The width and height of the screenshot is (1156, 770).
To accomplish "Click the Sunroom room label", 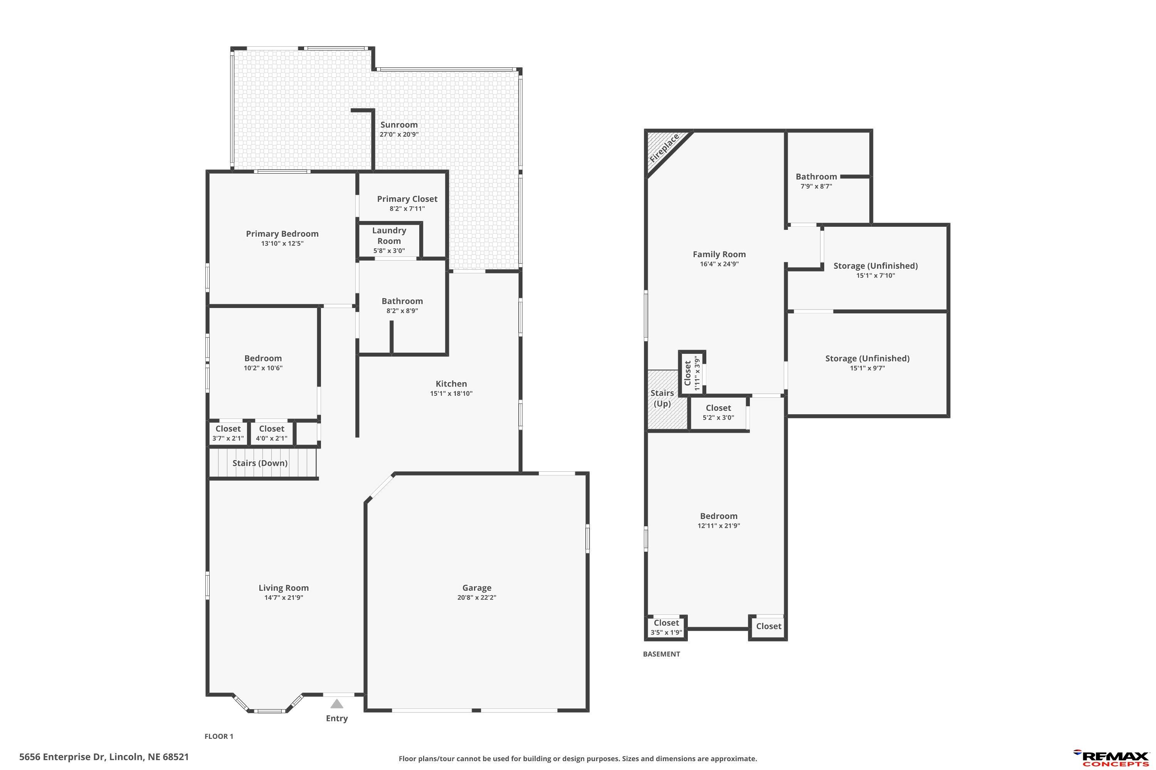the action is pos(398,125).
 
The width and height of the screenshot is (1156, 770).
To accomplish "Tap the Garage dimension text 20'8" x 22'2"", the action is pos(476,598).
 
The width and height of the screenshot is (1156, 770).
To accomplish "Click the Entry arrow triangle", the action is pos(337,704).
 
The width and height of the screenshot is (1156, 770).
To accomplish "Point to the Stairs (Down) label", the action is pos(260,463).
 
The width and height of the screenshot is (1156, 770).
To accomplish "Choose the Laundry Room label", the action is pos(389,236).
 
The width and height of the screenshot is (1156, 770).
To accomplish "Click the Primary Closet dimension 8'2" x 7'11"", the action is pos(407,209).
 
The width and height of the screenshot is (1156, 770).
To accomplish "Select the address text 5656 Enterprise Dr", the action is pos(62,757).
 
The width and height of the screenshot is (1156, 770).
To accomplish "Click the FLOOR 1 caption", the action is pos(219,736).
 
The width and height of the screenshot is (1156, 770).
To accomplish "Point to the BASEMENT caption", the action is pos(662,654).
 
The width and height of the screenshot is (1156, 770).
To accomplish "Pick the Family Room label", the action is pos(719,254).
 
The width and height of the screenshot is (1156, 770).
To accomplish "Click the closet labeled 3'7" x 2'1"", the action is pos(228,433).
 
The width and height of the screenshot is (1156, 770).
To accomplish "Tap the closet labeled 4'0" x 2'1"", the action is pos(272,433).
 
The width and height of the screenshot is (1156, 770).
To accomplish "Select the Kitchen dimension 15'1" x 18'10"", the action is pos(451,393).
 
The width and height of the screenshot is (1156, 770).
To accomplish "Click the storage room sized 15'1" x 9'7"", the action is pos(867,363).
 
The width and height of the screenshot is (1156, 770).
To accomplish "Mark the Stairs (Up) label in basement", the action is pos(662,398).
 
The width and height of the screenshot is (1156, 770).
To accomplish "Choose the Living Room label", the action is pos(284,588).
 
